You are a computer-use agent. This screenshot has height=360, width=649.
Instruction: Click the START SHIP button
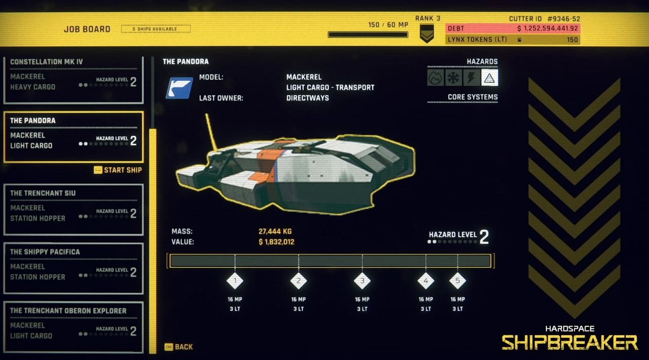(x=118, y=170)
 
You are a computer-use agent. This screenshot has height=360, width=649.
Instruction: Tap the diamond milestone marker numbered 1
(x=235, y=280)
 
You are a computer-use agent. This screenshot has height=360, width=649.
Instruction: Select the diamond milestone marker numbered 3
(x=362, y=280)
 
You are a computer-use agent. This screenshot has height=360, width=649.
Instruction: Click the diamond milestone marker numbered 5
(x=457, y=280)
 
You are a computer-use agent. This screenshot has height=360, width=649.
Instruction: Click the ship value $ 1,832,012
(x=276, y=242)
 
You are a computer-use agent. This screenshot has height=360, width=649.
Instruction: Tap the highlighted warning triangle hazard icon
(x=489, y=78)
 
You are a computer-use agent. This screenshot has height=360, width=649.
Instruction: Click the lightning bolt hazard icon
(x=472, y=78)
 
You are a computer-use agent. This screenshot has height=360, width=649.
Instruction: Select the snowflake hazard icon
(x=453, y=78)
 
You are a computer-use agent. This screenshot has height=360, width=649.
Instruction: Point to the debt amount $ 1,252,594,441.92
(x=548, y=29)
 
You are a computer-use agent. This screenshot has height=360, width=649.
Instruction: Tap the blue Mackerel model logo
(x=179, y=87)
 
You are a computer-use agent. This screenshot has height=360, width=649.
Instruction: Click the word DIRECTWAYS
(x=307, y=98)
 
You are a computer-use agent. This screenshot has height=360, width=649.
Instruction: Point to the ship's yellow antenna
(x=211, y=130)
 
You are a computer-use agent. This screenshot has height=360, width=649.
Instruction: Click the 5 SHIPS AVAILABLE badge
(x=156, y=29)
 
